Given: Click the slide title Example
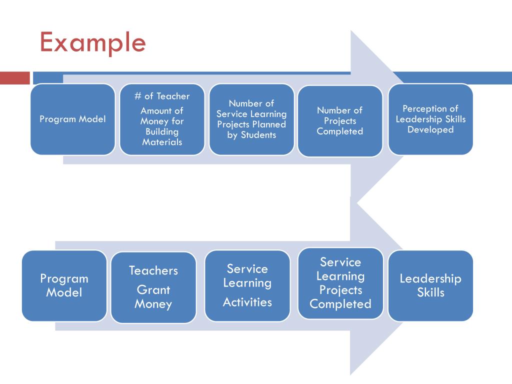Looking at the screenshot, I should pyautogui.click(x=92, y=42).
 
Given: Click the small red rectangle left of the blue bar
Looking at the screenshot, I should pyautogui.click(x=15, y=78).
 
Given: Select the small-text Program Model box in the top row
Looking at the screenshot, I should pyautogui.click(x=72, y=119).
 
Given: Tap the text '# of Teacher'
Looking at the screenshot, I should pyautogui.click(x=162, y=96).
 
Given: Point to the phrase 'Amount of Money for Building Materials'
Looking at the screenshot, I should pyautogui.click(x=162, y=126).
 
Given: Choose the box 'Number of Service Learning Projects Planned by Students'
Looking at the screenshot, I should pyautogui.click(x=251, y=119).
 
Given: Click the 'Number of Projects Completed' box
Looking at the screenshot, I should pyautogui.click(x=340, y=121).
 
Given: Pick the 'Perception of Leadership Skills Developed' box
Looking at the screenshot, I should pyautogui.click(x=430, y=119).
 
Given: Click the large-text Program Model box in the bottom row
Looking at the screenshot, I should pyautogui.click(x=64, y=285).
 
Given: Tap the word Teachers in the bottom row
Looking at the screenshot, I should pyautogui.click(x=153, y=270).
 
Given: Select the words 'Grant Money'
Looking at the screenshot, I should pyautogui.click(x=153, y=297).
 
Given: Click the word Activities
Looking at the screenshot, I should pyautogui.click(x=247, y=302).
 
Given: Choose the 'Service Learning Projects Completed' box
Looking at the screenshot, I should pyautogui.click(x=340, y=283).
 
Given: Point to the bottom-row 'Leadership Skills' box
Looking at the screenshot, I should pyautogui.click(x=430, y=285).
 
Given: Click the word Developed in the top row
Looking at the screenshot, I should pyautogui.click(x=430, y=129).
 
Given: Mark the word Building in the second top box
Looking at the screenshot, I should pyautogui.click(x=162, y=131).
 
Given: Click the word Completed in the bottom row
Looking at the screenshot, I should pyautogui.click(x=340, y=303).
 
